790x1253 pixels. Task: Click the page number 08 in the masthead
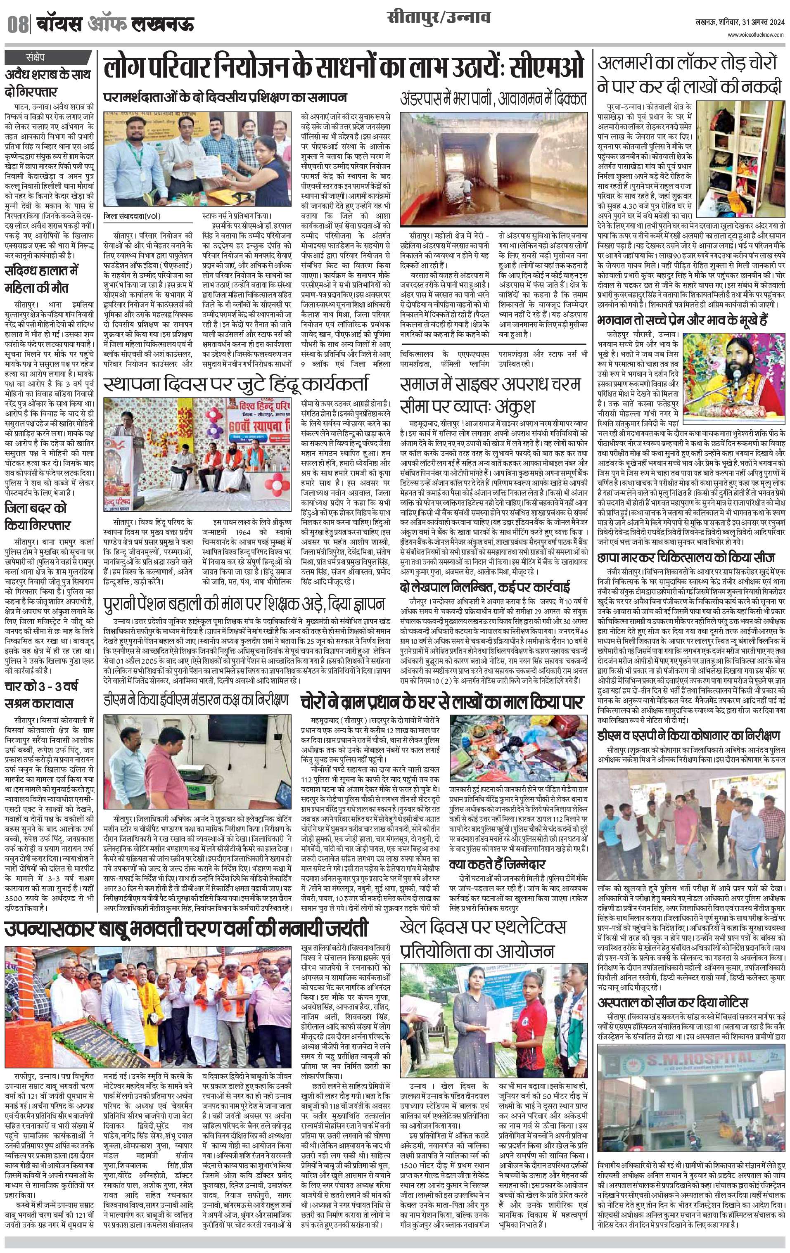[x=17, y=24]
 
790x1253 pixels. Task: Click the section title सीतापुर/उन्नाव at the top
[x=439, y=20]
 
